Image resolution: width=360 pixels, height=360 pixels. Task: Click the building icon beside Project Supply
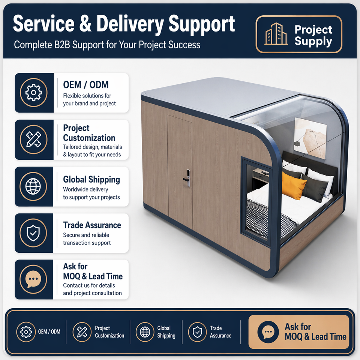276,34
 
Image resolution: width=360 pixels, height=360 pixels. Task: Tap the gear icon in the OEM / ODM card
33,93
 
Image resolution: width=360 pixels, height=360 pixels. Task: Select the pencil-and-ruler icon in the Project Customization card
33,139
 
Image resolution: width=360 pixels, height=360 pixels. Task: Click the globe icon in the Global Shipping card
33,186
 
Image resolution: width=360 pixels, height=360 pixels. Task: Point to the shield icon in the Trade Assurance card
33,233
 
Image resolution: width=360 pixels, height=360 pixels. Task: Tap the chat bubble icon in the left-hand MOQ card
33,279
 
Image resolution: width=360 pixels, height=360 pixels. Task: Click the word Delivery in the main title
130,24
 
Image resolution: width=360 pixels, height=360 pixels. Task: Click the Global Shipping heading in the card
91,180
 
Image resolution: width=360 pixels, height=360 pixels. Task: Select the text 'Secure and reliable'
86,235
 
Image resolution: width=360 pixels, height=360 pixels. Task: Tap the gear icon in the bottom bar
26,332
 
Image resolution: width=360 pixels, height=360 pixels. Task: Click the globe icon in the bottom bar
145,332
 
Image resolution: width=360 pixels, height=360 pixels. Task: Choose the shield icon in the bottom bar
197,332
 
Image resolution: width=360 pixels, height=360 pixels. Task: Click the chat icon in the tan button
268,332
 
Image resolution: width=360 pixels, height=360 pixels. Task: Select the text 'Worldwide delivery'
85,189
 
